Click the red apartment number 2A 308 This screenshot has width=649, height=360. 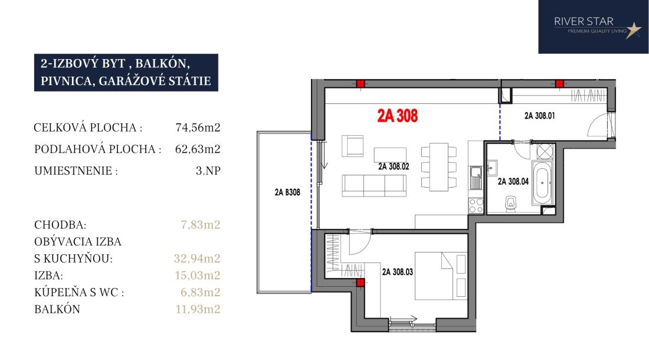(x=397, y=116)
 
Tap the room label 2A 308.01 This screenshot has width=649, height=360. (x=539, y=116)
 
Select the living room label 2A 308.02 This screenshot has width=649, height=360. (x=394, y=166)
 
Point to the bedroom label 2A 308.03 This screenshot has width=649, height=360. (x=397, y=272)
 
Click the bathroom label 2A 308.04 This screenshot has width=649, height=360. (x=513, y=181)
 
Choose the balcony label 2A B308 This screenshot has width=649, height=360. (x=287, y=192)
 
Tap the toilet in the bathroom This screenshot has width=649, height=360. (x=511, y=204)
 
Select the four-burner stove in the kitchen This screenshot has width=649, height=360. (x=476, y=205)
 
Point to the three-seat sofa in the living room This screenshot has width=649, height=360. (x=374, y=185)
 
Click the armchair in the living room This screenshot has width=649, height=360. (x=353, y=146)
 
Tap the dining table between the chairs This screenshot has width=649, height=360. (x=439, y=167)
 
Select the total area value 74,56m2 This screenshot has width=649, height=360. (x=198, y=127)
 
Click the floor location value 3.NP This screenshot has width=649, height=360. (x=208, y=171)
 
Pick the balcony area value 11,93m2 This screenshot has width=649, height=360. (x=198, y=309)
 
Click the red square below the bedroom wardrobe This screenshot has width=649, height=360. (x=360, y=283)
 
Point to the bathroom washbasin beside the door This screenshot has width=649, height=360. (x=493, y=168)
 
